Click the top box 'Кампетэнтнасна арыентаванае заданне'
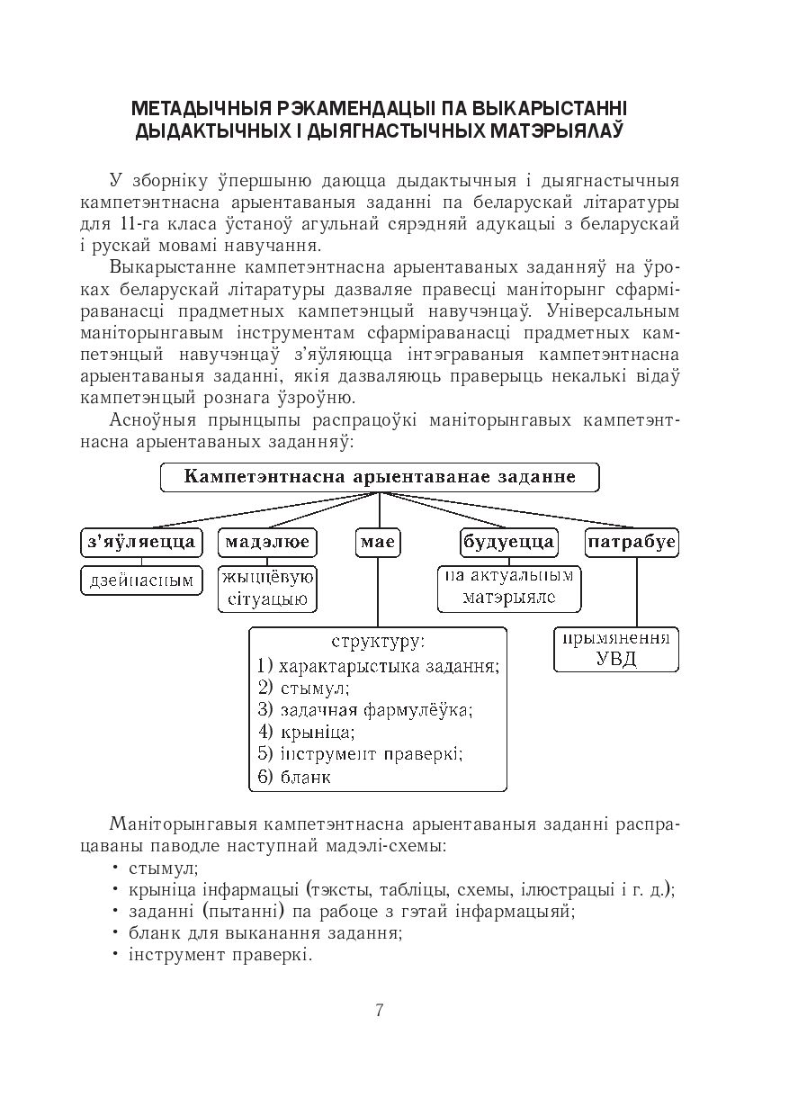[x=379, y=477]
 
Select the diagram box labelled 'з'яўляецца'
[x=139, y=542]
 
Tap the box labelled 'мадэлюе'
[x=267, y=542]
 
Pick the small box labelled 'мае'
[x=378, y=542]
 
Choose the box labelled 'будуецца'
[x=508, y=542]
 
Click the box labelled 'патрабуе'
[x=632, y=542]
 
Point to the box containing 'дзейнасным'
[x=141, y=580]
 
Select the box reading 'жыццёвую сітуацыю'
[x=267, y=589]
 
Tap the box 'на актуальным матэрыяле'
[x=509, y=587]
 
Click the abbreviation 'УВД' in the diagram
[x=616, y=659]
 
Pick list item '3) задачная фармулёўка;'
[x=364, y=710]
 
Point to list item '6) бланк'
[x=294, y=777]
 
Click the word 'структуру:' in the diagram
[x=378, y=643]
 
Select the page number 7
[x=380, y=1010]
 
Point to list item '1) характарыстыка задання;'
[x=378, y=667]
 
